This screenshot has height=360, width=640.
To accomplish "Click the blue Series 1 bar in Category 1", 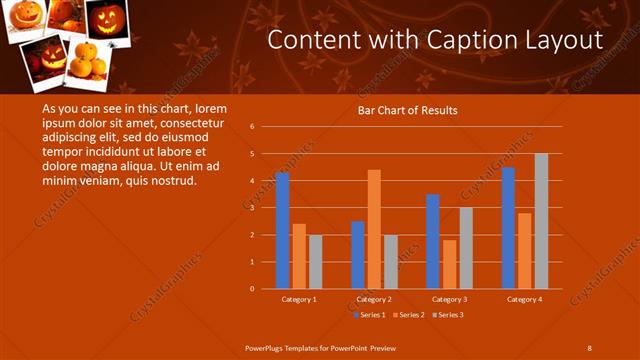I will [283, 231].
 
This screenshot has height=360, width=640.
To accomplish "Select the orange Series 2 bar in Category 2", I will [374, 229].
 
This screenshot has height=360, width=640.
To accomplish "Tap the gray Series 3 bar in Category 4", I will [541, 221].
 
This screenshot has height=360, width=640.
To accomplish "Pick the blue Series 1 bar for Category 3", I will [433, 241].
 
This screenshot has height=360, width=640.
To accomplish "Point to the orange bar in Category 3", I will [449, 264].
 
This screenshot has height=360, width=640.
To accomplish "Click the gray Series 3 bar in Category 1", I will [315, 262].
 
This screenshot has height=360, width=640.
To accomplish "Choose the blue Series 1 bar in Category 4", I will [508, 228].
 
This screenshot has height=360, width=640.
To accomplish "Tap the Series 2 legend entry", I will [411, 315].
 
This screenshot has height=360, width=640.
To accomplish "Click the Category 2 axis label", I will [374, 299].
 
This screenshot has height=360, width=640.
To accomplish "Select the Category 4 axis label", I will [524, 299].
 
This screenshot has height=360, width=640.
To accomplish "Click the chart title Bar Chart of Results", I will [407, 110].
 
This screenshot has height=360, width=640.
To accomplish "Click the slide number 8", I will [589, 347].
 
